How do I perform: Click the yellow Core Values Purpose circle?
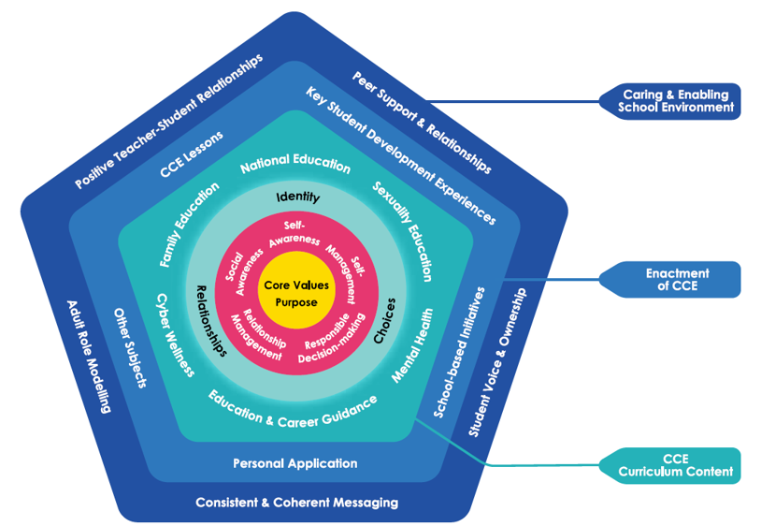click(296, 293)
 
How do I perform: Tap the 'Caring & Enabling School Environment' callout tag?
click(670, 101)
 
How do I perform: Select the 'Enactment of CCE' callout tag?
click(670, 279)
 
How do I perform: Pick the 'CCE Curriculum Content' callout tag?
click(670, 465)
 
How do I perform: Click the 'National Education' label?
click(295, 164)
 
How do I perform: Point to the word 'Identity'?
click(298, 197)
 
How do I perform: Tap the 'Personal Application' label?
click(295, 463)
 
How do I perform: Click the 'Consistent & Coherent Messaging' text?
click(297, 503)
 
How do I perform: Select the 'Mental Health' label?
click(413, 345)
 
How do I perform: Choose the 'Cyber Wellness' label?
click(175, 335)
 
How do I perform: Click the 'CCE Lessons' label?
click(192, 153)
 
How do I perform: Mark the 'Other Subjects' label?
click(130, 347)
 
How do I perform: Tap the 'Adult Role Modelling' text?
click(89, 357)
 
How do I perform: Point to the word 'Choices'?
click(385, 320)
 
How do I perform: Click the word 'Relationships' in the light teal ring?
click(211, 320)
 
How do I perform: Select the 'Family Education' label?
click(189, 225)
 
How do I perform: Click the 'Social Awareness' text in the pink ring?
click(244, 273)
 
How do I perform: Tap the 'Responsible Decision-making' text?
click(332, 339)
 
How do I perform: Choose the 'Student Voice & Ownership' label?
click(497, 362)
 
